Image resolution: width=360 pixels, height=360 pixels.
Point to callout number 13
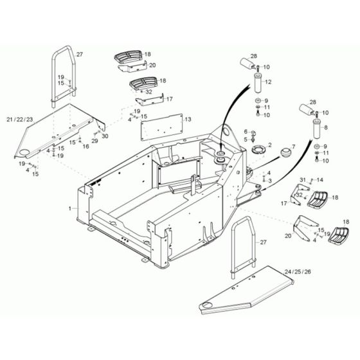(188, 120)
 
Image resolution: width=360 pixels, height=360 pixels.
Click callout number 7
(294, 147)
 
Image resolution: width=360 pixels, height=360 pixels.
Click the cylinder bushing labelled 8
(316, 129)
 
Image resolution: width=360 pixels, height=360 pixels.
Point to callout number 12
(269, 82)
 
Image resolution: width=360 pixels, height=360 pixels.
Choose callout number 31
(301, 180)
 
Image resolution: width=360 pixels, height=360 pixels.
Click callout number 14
(321, 180)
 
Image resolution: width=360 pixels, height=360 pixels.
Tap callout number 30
(105, 136)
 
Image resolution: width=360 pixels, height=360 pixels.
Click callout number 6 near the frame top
(245, 131)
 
